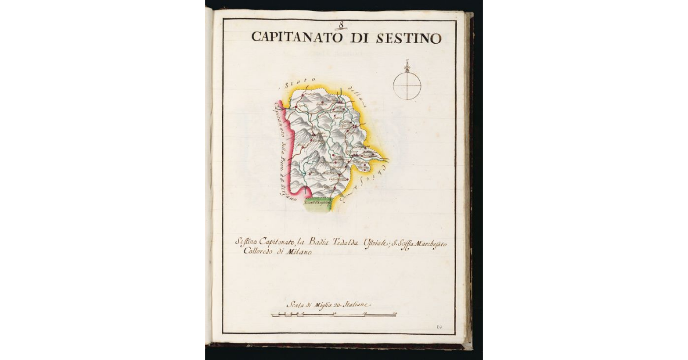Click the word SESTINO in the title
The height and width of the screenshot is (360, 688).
pyautogui.click(x=409, y=38)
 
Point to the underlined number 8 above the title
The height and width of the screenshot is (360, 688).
pyautogui.click(x=341, y=24)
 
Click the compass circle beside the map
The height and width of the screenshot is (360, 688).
pyautogui.click(x=407, y=86)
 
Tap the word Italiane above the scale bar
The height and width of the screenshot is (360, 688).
pyautogui.click(x=358, y=304)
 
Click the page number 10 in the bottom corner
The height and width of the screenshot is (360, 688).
pyautogui.click(x=439, y=327)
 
